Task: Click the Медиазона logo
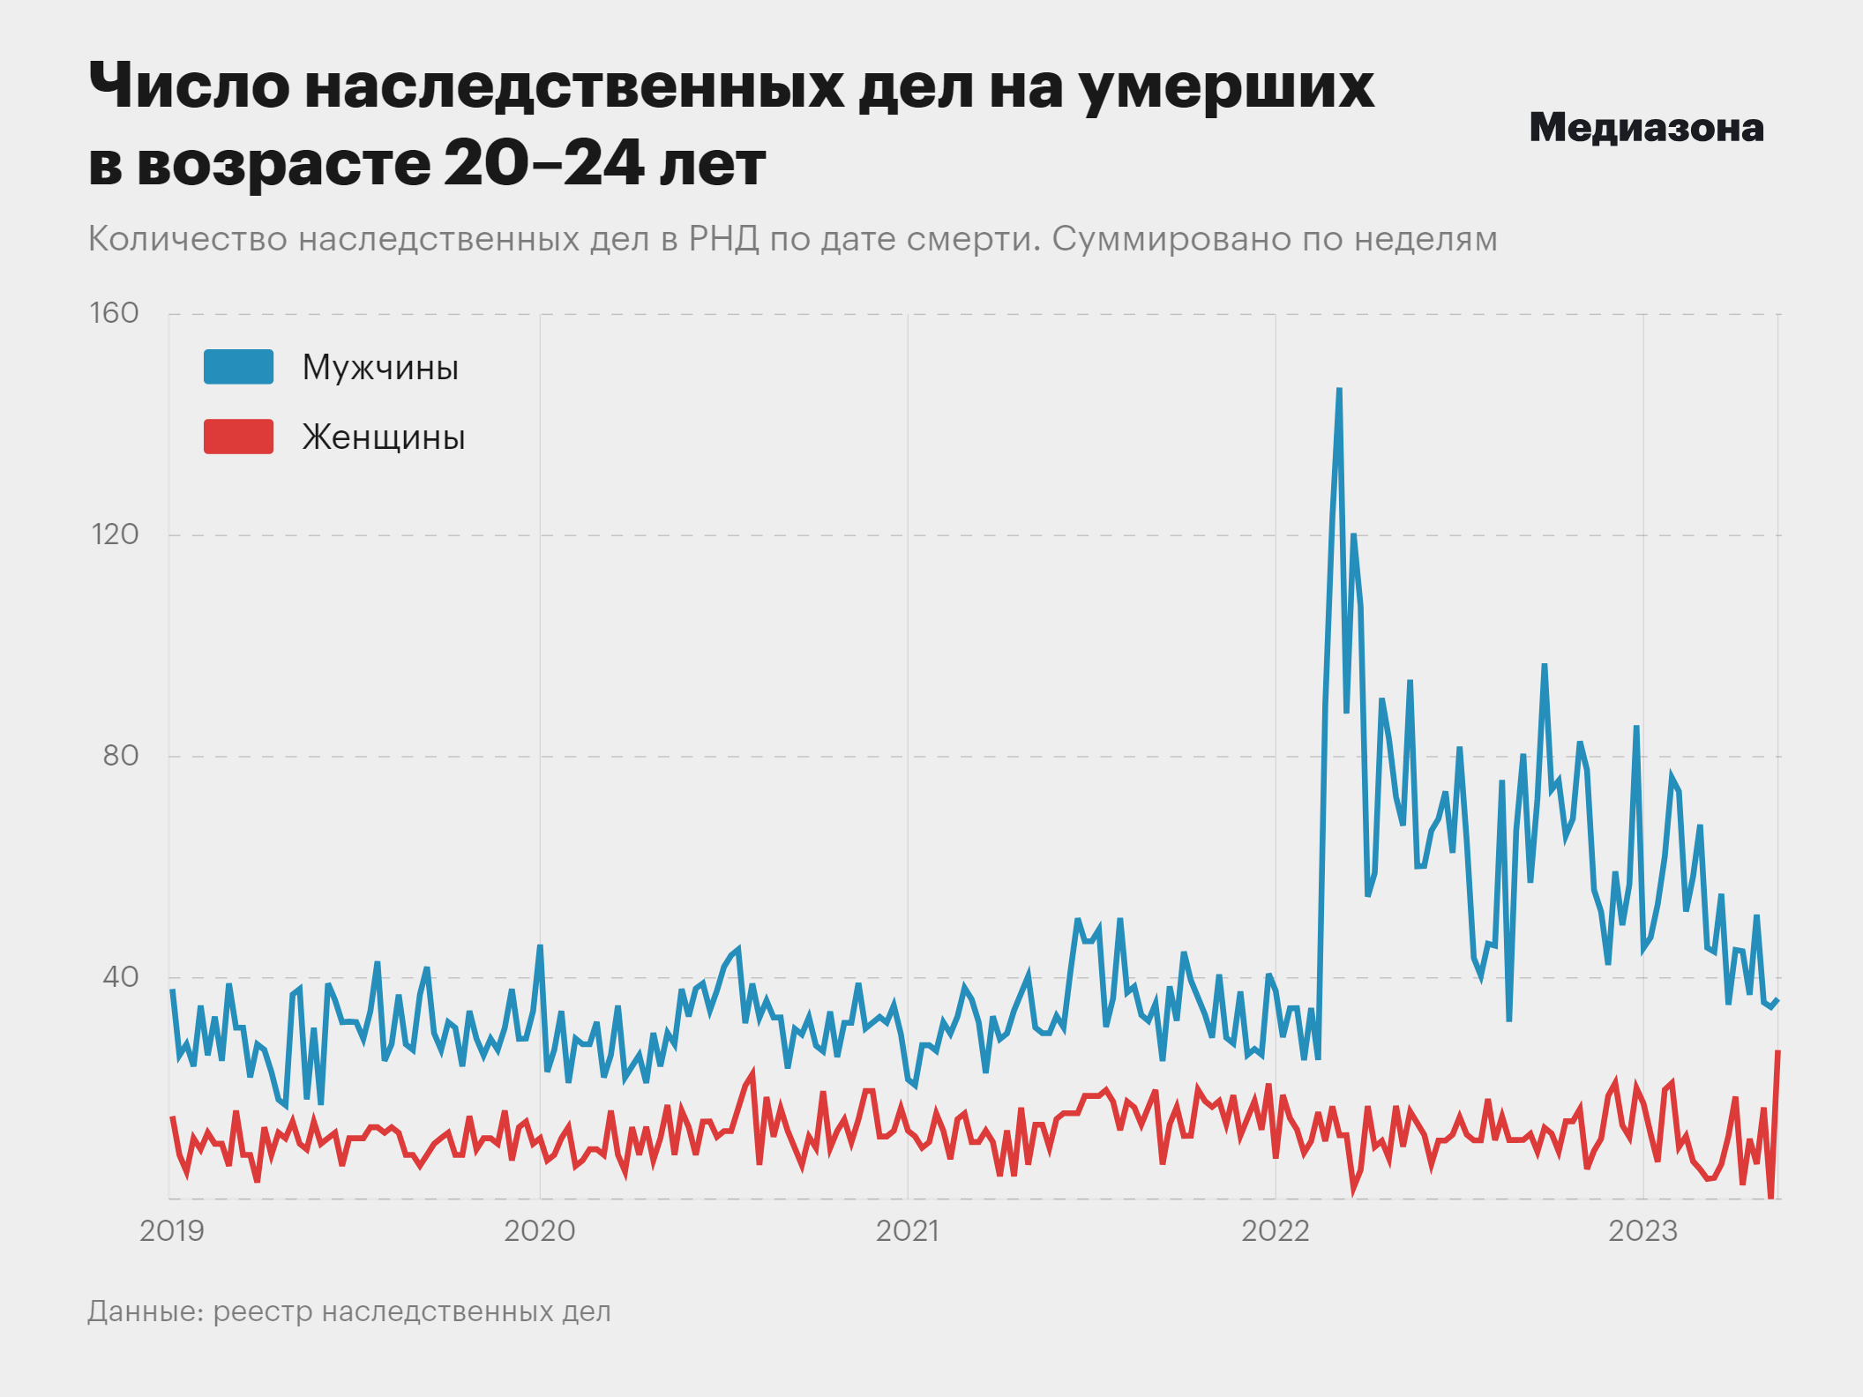tap(1646, 129)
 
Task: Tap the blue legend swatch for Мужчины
tap(238, 367)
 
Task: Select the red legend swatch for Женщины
tap(238, 437)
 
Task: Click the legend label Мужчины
tap(380, 368)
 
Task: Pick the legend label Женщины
tap(384, 437)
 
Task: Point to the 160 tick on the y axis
tap(115, 313)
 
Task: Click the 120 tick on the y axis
tap(116, 534)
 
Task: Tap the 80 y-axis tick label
tap(121, 756)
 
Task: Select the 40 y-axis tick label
tap(121, 977)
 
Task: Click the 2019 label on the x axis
tap(172, 1230)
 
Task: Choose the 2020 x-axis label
tap(539, 1230)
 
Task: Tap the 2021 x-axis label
tap(907, 1230)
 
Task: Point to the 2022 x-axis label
tap(1276, 1230)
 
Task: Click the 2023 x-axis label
tap(1642, 1230)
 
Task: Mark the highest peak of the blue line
tap(1339, 389)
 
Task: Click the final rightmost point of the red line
tap(1778, 1052)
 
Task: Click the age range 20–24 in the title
tap(543, 164)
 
